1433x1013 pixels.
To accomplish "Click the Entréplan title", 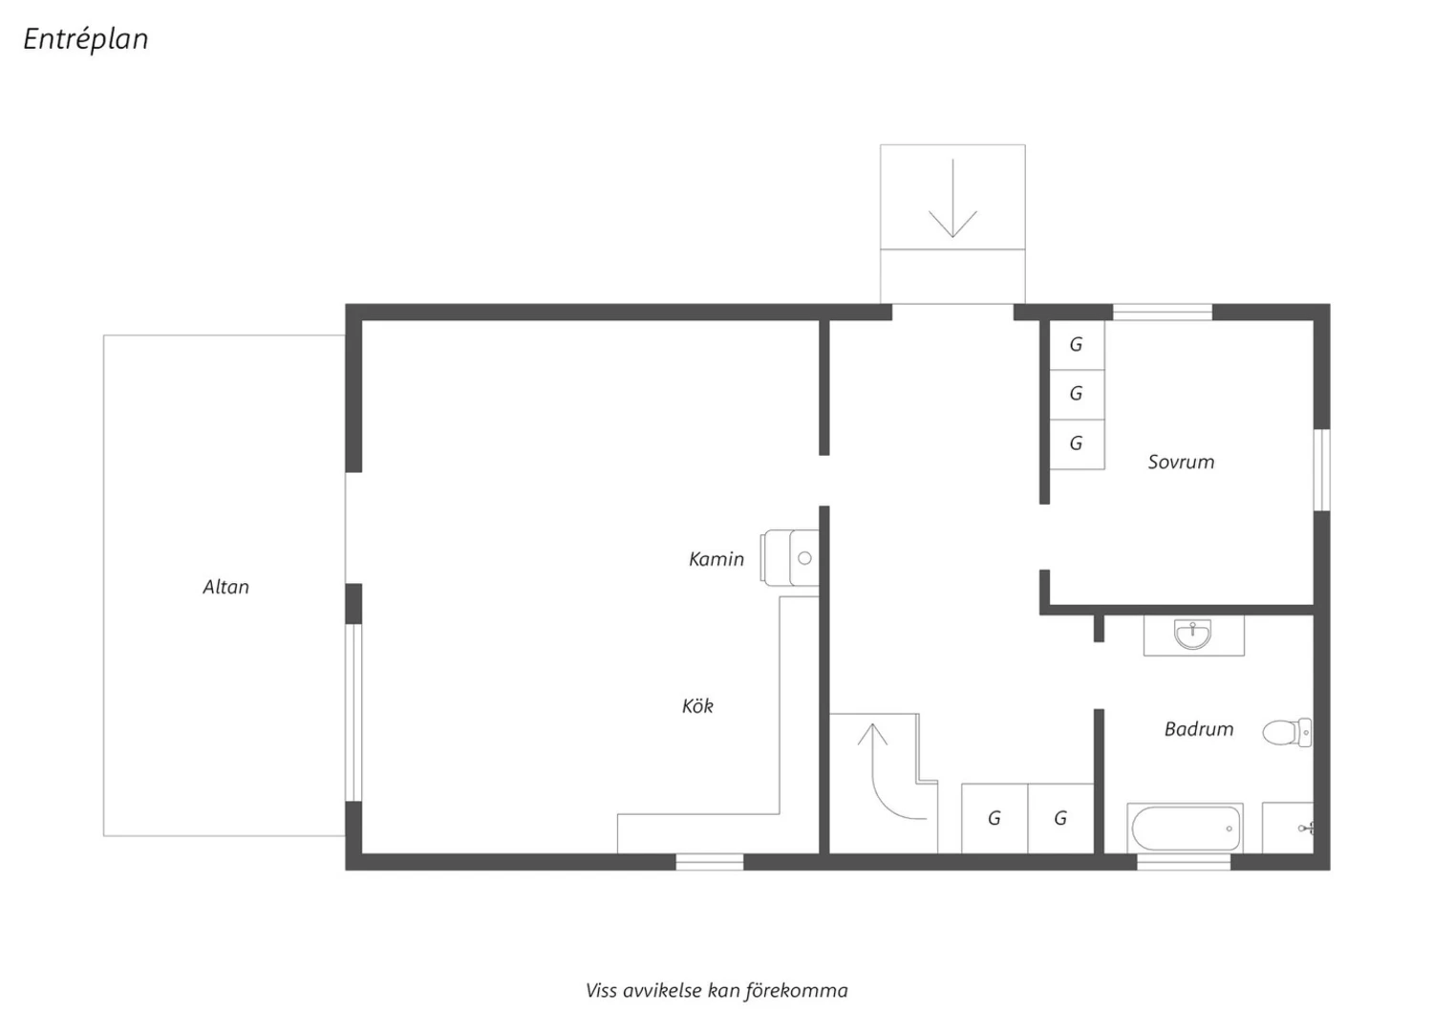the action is click(x=86, y=39).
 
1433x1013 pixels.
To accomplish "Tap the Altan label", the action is click(x=225, y=587).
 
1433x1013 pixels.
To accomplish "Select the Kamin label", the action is click(x=716, y=559).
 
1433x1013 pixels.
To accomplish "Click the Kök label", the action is click(x=697, y=706).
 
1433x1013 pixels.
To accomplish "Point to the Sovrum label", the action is click(x=1181, y=462).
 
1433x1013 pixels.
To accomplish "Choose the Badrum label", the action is click(x=1199, y=729).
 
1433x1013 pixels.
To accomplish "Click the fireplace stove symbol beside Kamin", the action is click(x=789, y=558).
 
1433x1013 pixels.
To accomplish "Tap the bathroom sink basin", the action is click(x=1192, y=635).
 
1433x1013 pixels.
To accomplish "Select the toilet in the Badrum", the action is click(x=1287, y=733).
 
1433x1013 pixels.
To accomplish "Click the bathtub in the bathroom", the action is click(x=1186, y=828).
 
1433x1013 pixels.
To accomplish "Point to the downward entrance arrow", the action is click(x=953, y=199).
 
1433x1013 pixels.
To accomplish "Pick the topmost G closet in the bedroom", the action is click(x=1078, y=345).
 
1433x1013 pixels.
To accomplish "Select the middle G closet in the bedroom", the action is click(x=1078, y=394).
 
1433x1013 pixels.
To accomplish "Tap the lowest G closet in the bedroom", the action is click(x=1078, y=444).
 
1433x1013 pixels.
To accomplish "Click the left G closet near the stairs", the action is click(x=995, y=818).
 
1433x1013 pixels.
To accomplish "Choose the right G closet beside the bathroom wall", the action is click(x=1060, y=818).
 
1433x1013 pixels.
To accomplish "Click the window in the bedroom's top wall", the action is click(x=1163, y=313).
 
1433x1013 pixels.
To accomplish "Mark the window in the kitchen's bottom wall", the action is click(x=710, y=862).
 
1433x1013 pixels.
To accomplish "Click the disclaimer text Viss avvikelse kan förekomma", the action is click(x=716, y=991).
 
